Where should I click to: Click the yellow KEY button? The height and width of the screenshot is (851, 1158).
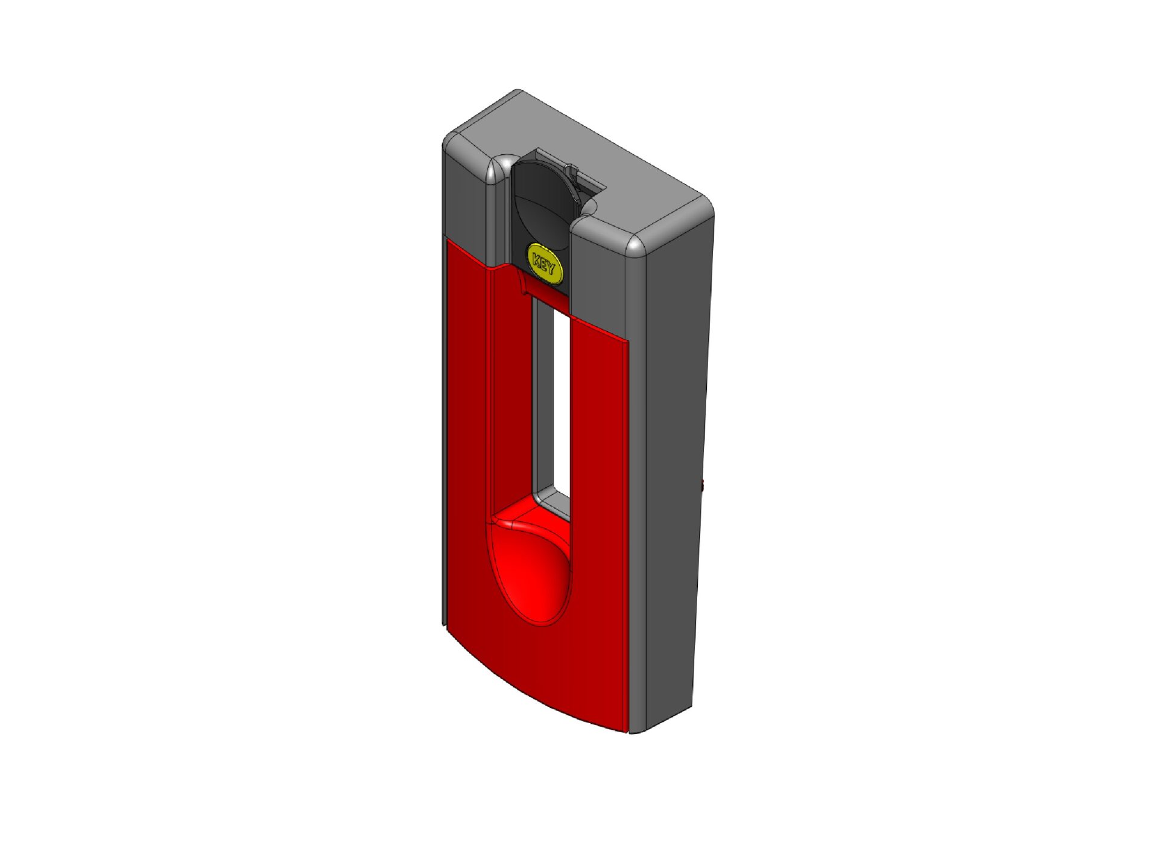click(545, 263)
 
